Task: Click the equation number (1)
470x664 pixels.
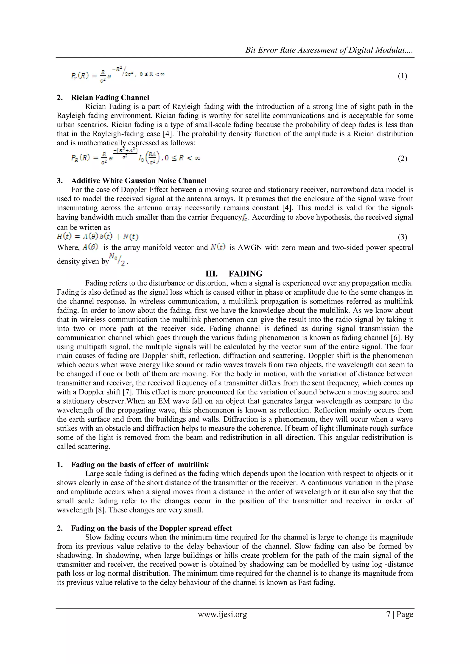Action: coord(402,76)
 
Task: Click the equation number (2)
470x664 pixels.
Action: coord(402,158)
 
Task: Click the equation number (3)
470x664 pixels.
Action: coord(402,237)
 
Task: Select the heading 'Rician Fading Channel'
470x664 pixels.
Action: coord(110,97)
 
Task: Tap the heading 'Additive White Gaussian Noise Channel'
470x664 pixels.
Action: coord(139,181)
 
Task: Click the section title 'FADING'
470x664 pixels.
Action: coord(245,274)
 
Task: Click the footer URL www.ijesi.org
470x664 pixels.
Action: coord(222,614)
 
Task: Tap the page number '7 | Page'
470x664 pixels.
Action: coord(400,614)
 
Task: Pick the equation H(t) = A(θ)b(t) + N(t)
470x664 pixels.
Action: coord(98,237)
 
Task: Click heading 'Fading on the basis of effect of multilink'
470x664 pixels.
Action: coord(140,465)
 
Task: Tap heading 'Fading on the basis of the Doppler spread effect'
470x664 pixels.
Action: coord(151,528)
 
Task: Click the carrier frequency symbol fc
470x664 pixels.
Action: coord(245,218)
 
